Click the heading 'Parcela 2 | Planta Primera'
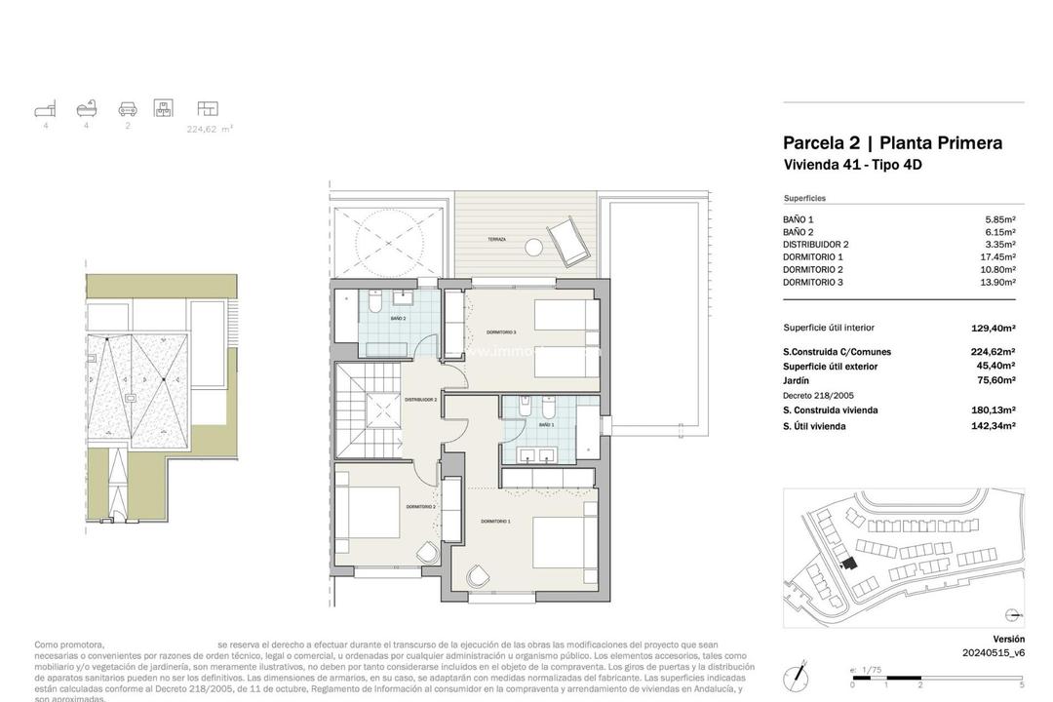click(892, 143)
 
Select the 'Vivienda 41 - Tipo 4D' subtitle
click(852, 166)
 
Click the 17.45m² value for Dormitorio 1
click(995, 257)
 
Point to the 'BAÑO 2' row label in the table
click(798, 232)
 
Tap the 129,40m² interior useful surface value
click(994, 329)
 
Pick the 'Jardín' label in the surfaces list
click(797, 380)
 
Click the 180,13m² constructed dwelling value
click(994, 410)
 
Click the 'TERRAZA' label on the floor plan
click(497, 239)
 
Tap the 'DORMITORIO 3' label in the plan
click(501, 332)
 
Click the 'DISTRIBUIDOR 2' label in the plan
click(421, 399)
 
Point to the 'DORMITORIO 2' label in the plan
click(420, 507)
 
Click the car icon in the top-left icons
click(128, 108)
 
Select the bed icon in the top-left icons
click(45, 108)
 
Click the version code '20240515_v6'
click(993, 653)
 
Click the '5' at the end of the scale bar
click(1021, 685)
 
